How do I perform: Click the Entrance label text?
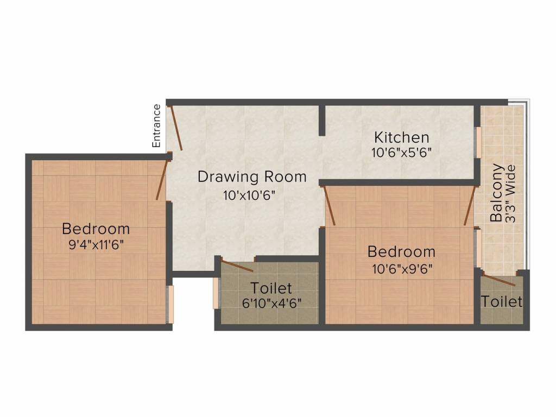click(156, 126)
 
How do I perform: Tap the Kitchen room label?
click(402, 137)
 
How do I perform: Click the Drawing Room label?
click(252, 176)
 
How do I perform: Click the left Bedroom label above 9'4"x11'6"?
click(96, 228)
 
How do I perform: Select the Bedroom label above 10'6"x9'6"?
click(401, 252)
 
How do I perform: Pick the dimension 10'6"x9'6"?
click(401, 268)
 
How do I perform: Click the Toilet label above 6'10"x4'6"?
click(271, 288)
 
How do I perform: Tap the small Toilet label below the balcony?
click(502, 301)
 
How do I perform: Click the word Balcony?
click(497, 193)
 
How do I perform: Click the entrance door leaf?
click(176, 128)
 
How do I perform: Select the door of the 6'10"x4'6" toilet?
click(237, 266)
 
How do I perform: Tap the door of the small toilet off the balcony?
click(498, 281)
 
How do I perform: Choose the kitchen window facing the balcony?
click(479, 143)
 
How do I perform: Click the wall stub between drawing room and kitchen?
click(321, 121)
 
